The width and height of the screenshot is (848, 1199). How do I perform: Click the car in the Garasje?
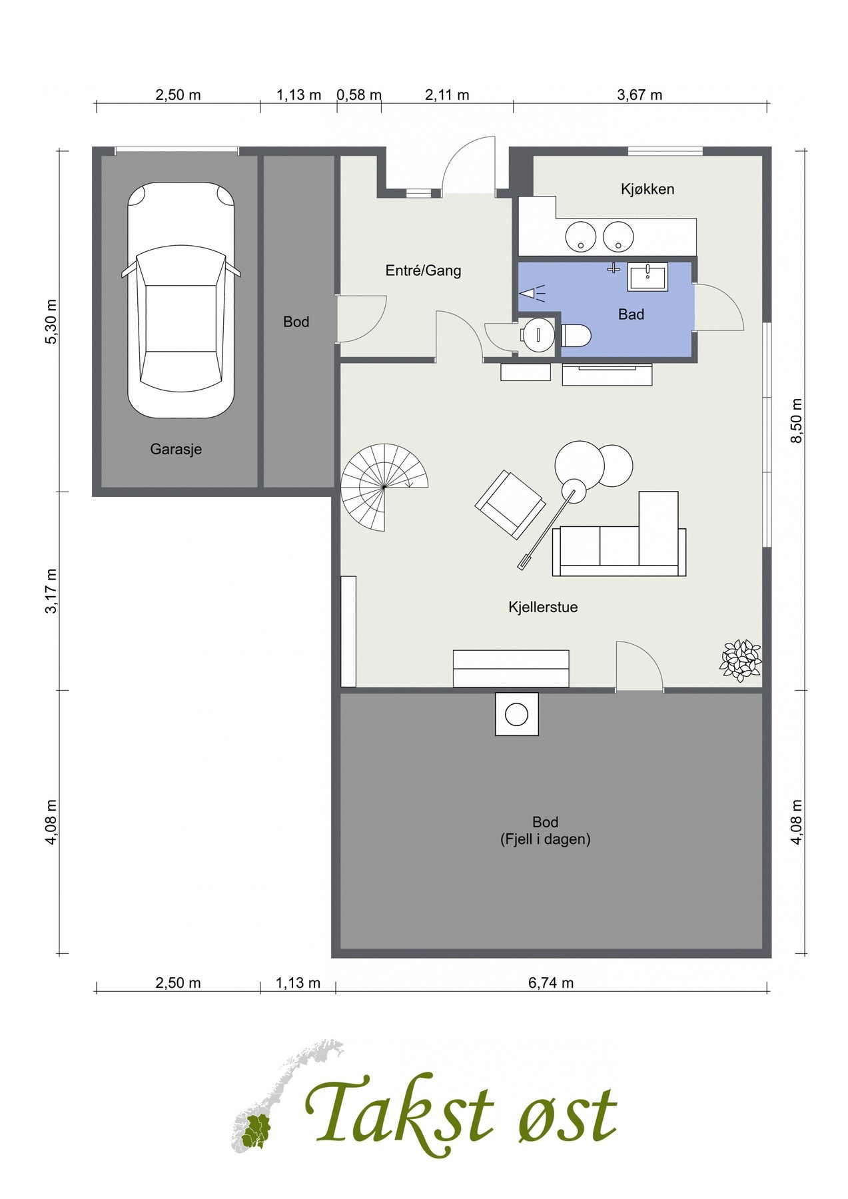(x=181, y=300)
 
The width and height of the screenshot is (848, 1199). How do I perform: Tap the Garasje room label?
(x=176, y=449)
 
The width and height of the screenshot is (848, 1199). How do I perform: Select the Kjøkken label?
(x=647, y=189)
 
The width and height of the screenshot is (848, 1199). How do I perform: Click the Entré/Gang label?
(x=423, y=270)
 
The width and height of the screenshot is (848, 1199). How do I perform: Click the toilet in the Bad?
(x=576, y=336)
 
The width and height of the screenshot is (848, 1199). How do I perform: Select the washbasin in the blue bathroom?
(x=647, y=276)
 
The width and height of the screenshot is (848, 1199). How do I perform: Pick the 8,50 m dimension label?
(x=797, y=420)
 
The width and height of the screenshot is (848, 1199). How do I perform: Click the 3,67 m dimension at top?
(x=639, y=95)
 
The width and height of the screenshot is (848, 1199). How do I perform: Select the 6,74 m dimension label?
(x=551, y=983)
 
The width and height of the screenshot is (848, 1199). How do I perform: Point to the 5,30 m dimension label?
(x=51, y=322)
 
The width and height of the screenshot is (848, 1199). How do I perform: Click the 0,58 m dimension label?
(x=359, y=95)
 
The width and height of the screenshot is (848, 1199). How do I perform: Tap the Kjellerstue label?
(x=543, y=607)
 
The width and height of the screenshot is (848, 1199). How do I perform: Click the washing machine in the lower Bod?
(x=517, y=714)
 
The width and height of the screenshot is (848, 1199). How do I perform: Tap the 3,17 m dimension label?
(x=51, y=592)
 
